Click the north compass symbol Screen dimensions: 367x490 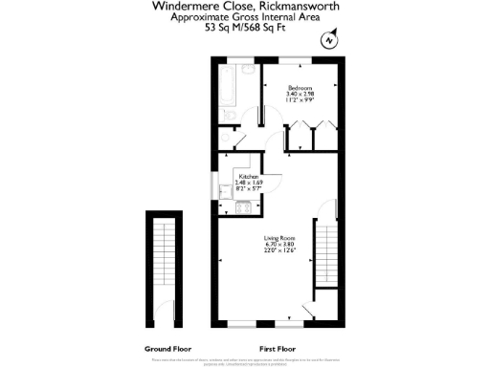pyautogui.click(x=329, y=40)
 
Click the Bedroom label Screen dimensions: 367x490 pyautogui.click(x=301, y=88)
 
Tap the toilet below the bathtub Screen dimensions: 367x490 pyautogui.click(x=231, y=116)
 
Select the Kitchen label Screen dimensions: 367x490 pyautogui.click(x=249, y=178)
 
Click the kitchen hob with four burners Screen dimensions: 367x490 pyautogui.click(x=244, y=206)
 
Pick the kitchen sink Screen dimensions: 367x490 pyautogui.click(x=225, y=191)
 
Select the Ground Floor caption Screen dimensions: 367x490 pyautogui.click(x=165, y=349)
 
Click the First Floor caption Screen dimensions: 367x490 pyautogui.click(x=278, y=349)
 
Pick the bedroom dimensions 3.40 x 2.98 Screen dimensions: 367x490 pyautogui.click(x=301, y=95)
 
